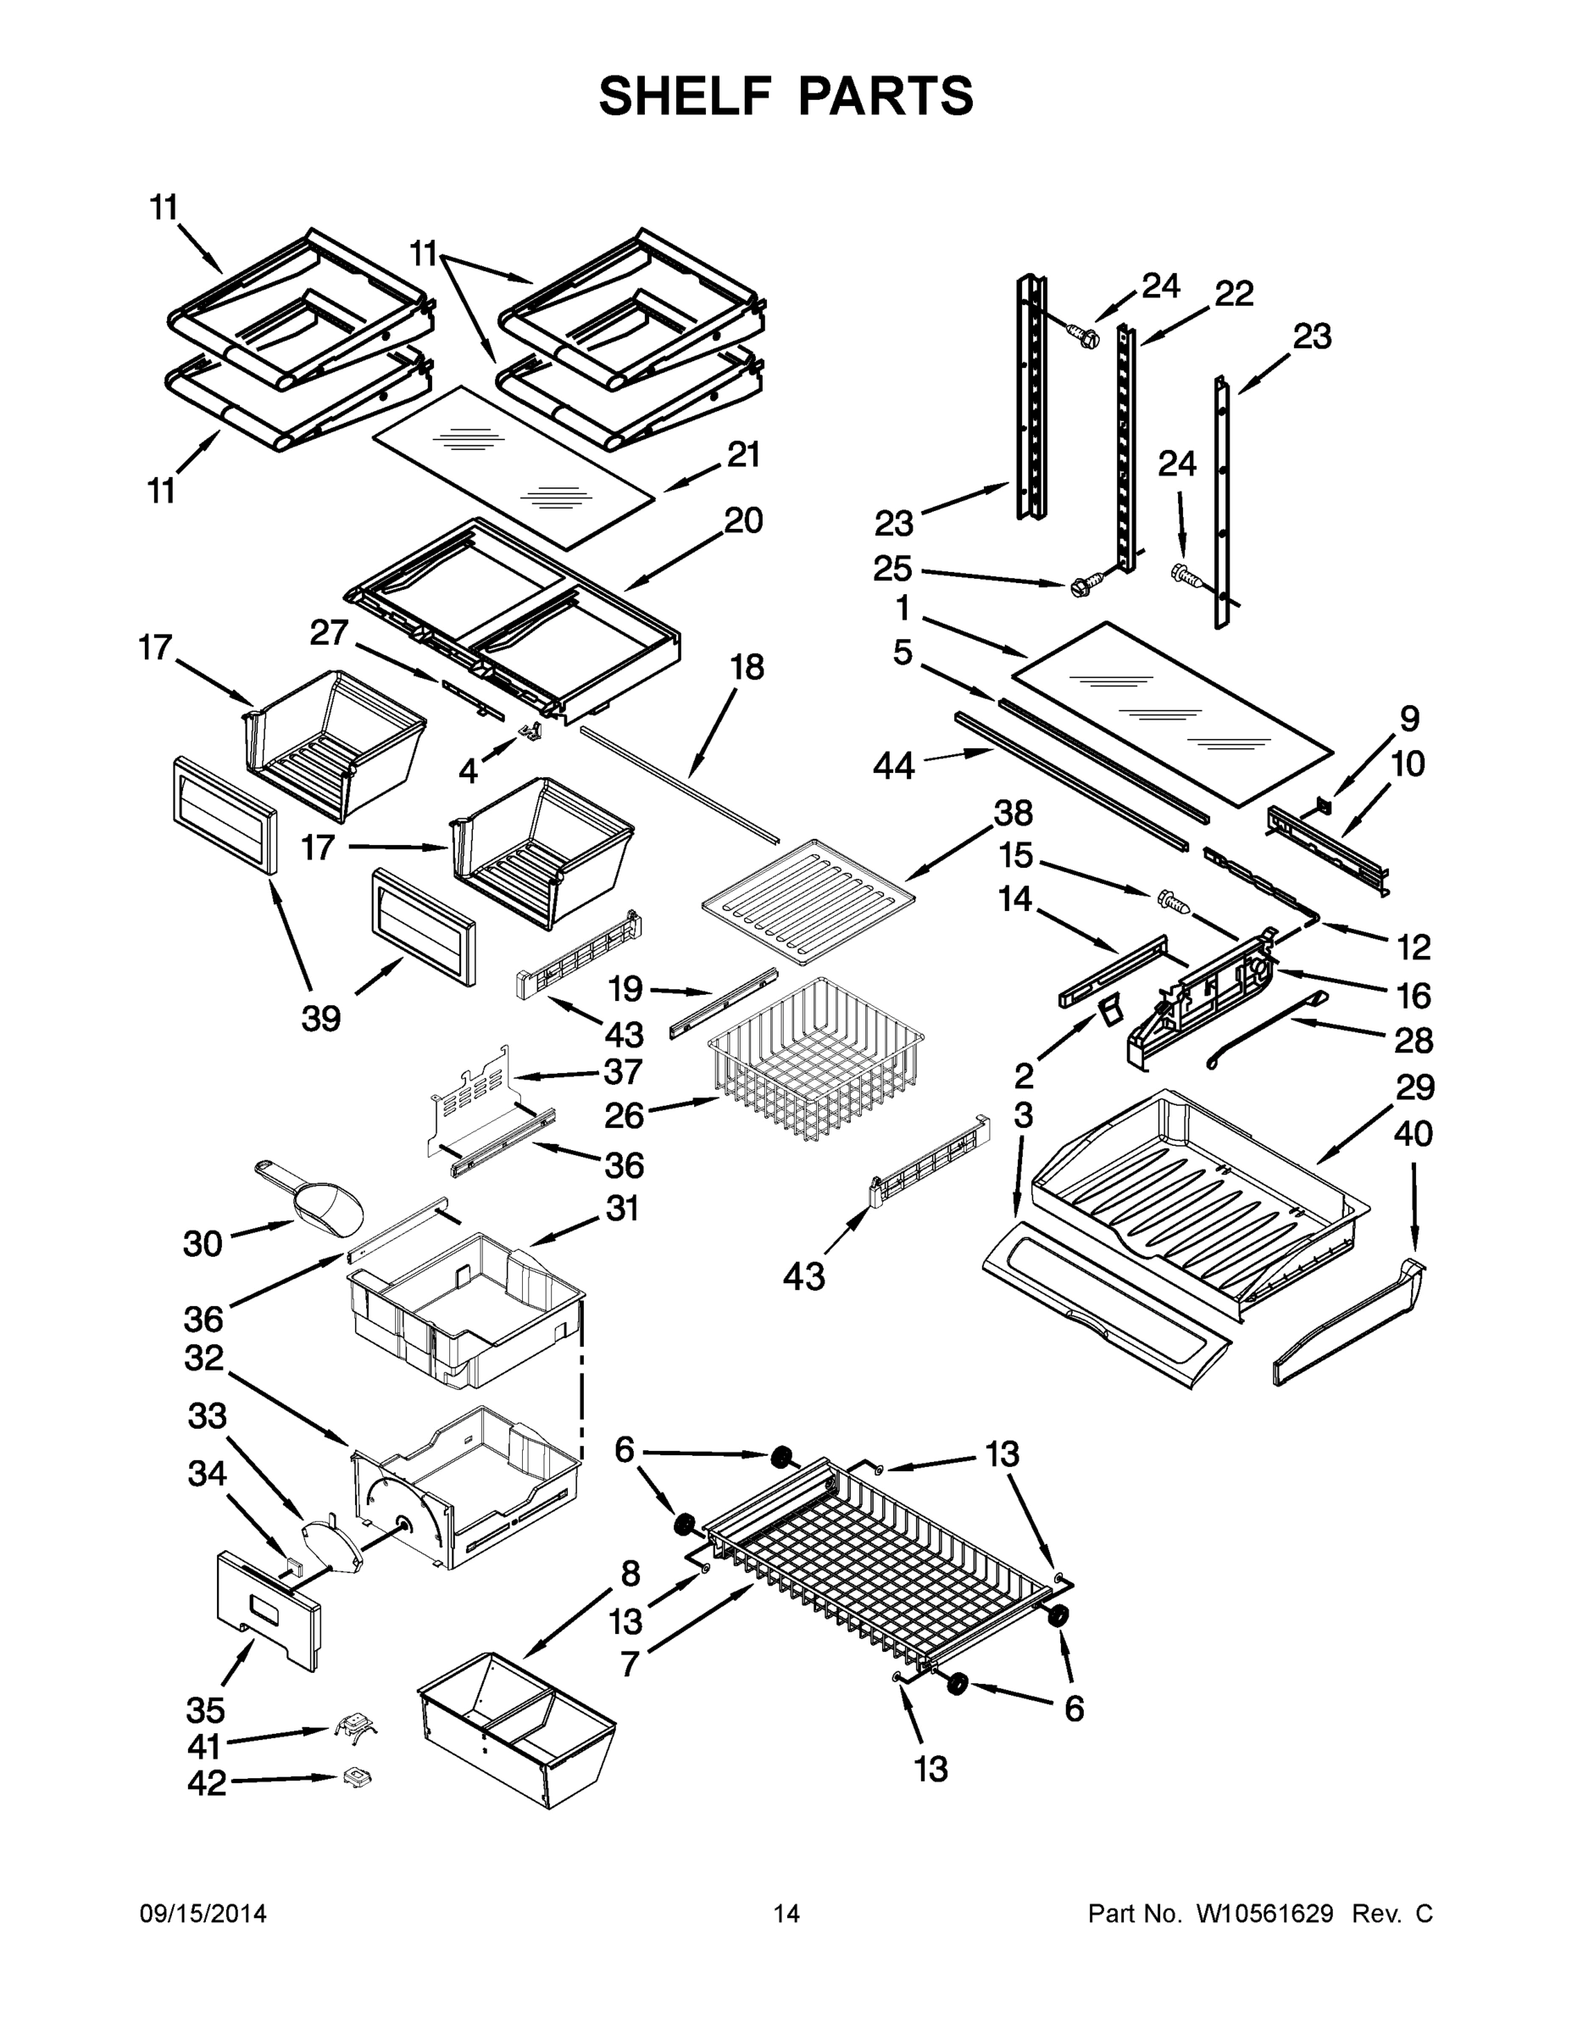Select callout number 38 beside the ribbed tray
tap(1014, 813)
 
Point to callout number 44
tap(894, 765)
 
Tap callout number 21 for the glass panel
tap(744, 454)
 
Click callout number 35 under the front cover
tap(205, 1710)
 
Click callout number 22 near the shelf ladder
tap(1234, 293)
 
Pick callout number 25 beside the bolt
tap(892, 568)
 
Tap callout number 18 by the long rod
tap(747, 667)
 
